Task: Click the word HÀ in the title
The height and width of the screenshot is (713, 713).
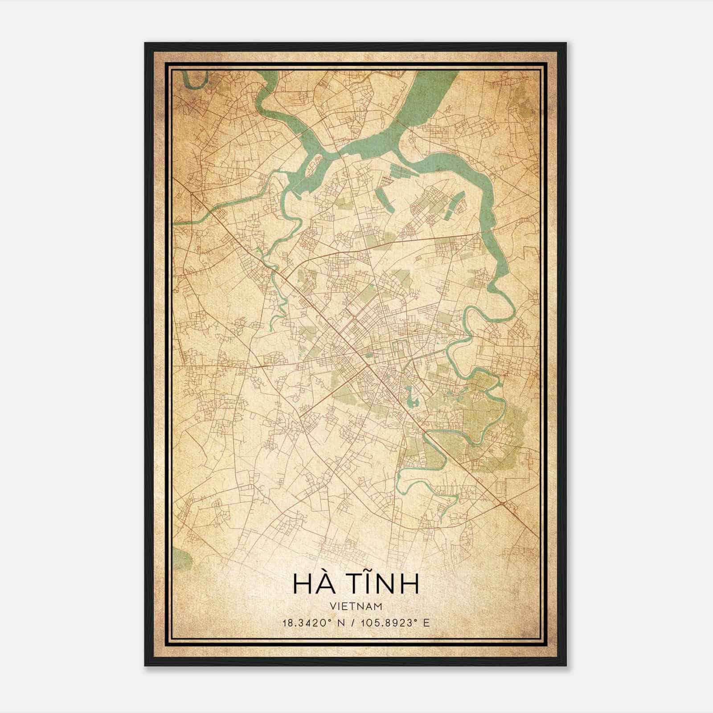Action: coord(314,584)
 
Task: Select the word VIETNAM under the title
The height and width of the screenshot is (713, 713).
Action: coord(356,606)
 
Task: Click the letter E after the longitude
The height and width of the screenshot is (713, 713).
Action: coord(426,623)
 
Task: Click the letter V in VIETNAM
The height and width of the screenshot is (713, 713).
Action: coord(333,606)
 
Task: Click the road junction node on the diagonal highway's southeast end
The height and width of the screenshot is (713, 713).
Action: coord(503,504)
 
